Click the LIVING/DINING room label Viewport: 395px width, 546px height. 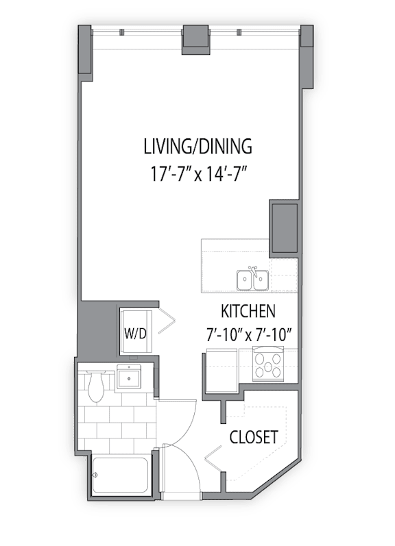pyautogui.click(x=197, y=146)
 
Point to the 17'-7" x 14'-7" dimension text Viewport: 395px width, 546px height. pyautogui.click(x=197, y=173)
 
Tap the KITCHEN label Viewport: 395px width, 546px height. pyautogui.click(x=248, y=311)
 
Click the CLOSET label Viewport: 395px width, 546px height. pyautogui.click(x=254, y=437)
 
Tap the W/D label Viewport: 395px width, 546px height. pyautogui.click(x=136, y=334)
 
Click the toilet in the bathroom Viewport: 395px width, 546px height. pyautogui.click(x=95, y=386)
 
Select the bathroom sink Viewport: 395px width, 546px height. pyautogui.click(x=129, y=377)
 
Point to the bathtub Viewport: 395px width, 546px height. pyautogui.click(x=121, y=475)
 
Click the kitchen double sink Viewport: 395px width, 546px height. pyautogui.click(x=253, y=280)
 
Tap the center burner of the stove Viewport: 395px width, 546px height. pyautogui.click(x=268, y=366)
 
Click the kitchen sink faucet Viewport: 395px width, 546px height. pyautogui.click(x=253, y=270)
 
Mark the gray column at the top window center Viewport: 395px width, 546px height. pyautogui.click(x=196, y=40)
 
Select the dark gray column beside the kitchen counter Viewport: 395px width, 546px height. pyautogui.click(x=284, y=228)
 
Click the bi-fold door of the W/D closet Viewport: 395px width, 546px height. pyautogui.click(x=167, y=320)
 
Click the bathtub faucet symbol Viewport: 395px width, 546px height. pyautogui.click(x=95, y=475)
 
